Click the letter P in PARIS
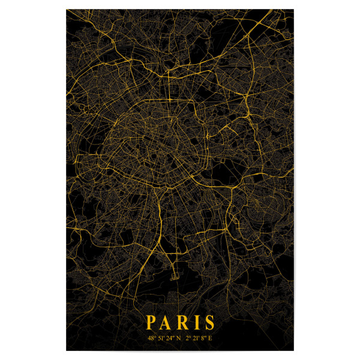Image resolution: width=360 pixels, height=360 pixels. pyautogui.click(x=151, y=323)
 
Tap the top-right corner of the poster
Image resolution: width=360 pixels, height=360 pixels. pyautogui.click(x=295, y=10)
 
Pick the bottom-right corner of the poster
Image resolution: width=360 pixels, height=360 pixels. pyautogui.click(x=295, y=350)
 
